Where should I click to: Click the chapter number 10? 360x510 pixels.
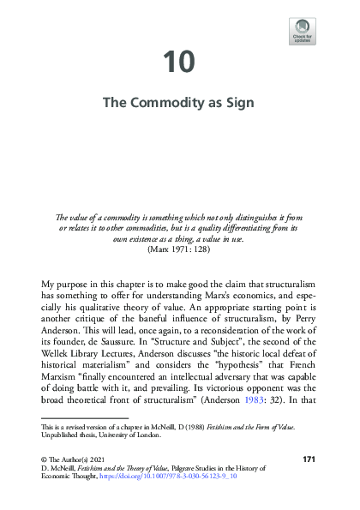click(179, 62)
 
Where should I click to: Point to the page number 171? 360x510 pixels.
click(311, 460)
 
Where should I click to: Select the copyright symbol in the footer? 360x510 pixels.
click(45, 460)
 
